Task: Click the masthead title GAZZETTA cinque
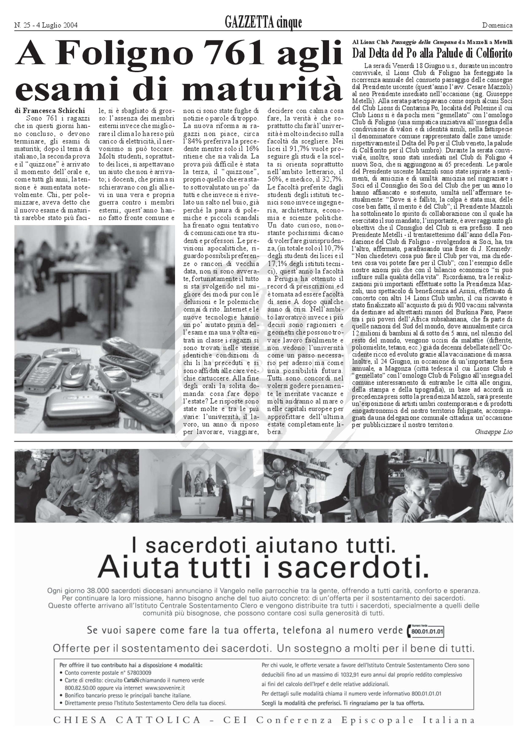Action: [263, 23]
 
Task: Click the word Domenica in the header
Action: [497, 25]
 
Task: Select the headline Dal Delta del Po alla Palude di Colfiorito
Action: [432, 53]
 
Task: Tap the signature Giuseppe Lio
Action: [493, 432]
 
